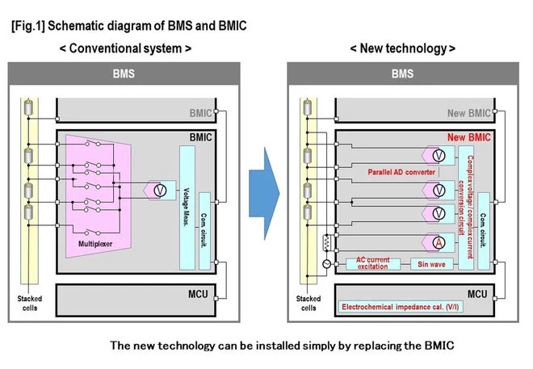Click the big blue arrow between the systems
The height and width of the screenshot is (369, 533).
click(x=263, y=191)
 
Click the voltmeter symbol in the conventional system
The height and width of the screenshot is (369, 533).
click(x=160, y=190)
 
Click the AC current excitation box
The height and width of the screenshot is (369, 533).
click(x=374, y=263)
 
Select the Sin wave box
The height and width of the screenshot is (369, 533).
click(x=430, y=263)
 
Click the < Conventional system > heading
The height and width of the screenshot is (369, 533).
click(x=125, y=48)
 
